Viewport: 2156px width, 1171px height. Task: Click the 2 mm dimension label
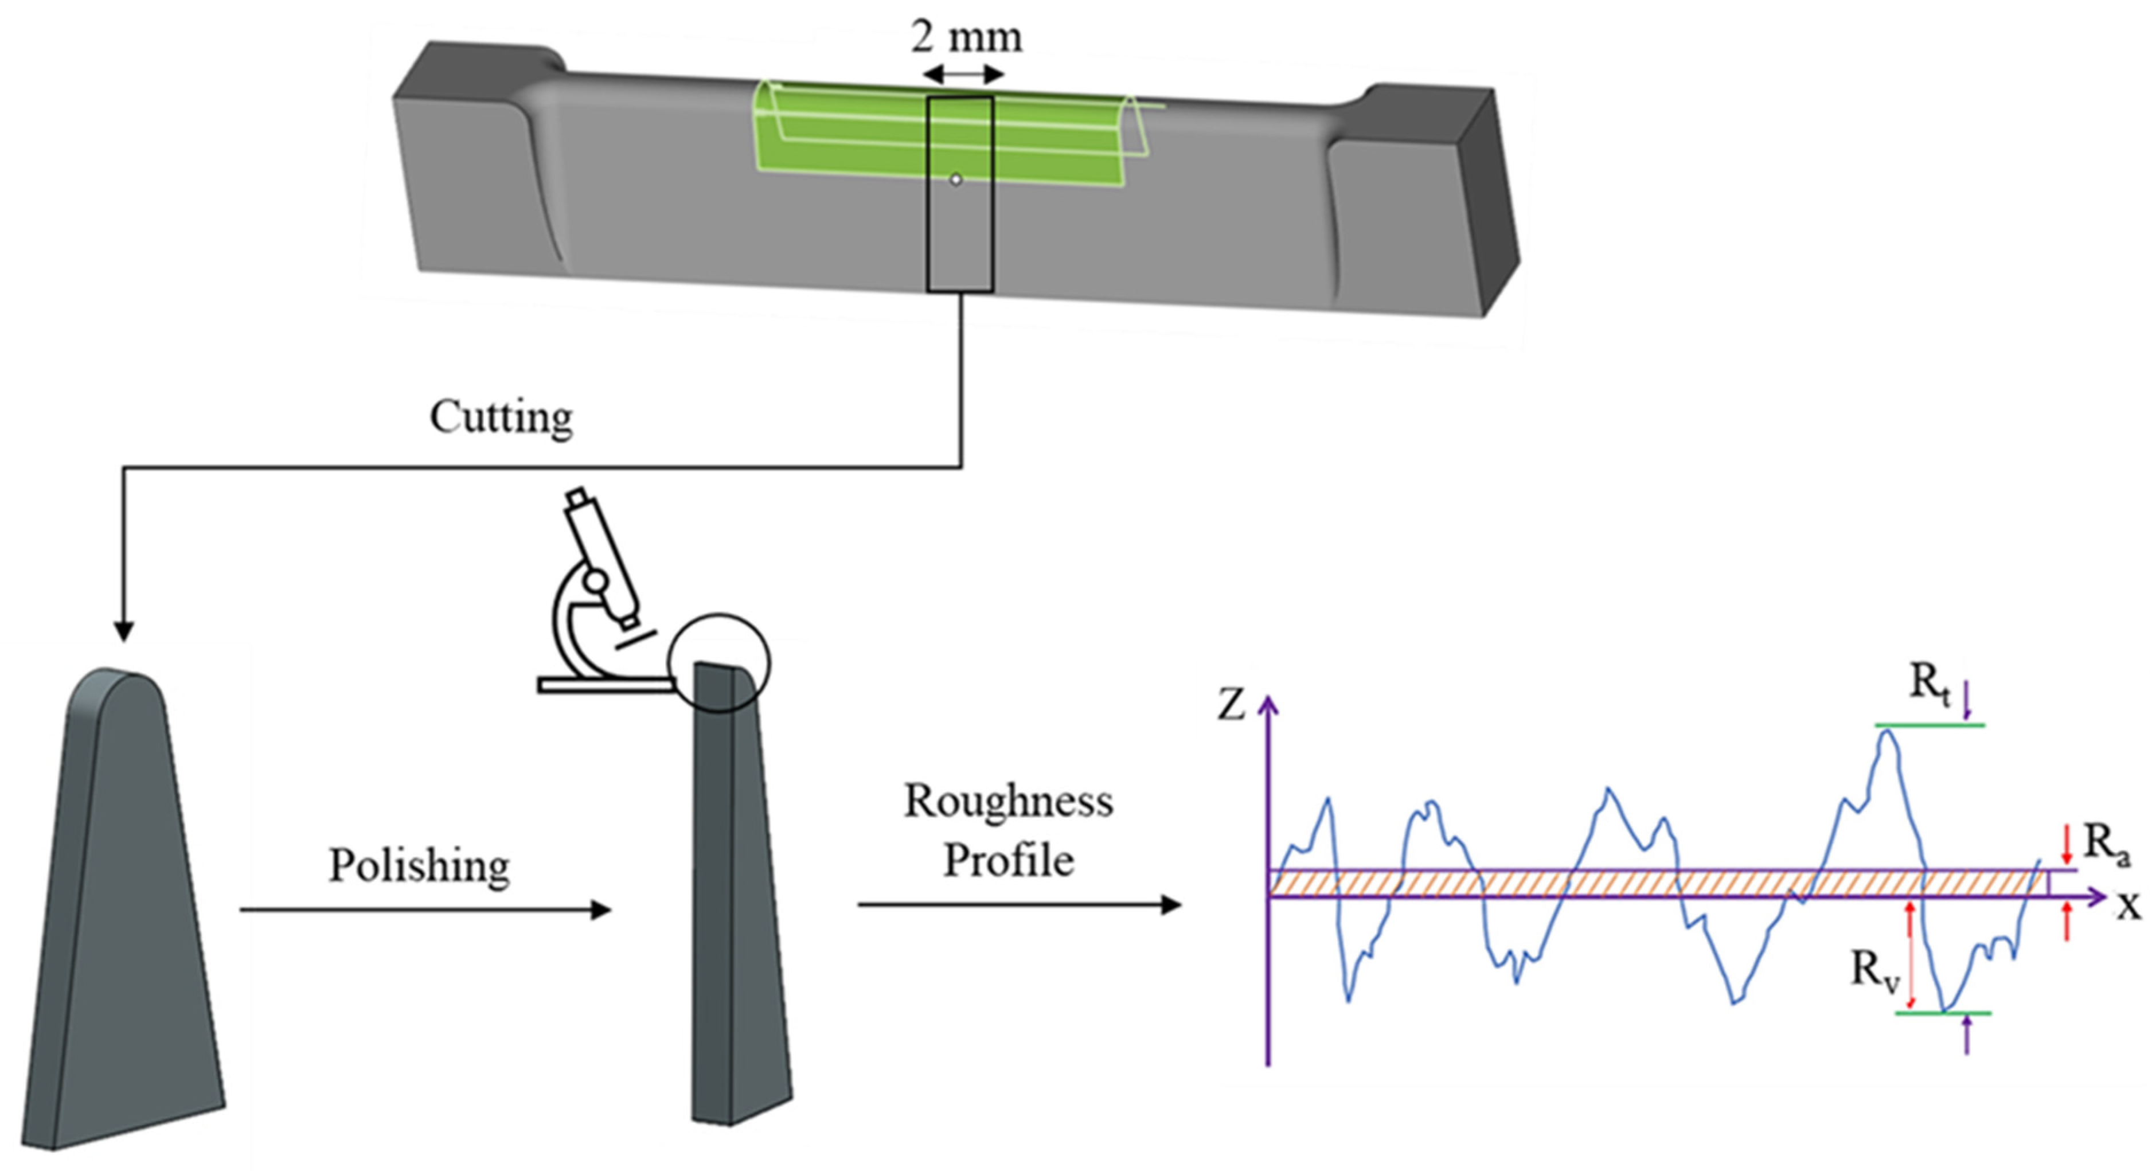(x=967, y=37)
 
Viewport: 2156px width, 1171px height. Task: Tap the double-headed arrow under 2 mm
(x=963, y=75)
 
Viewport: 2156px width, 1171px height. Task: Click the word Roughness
(x=1009, y=801)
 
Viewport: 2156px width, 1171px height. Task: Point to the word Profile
(x=1009, y=860)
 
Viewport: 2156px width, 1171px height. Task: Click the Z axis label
(x=1231, y=705)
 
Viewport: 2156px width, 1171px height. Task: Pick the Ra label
(x=2106, y=843)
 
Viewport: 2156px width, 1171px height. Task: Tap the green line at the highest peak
(x=1929, y=725)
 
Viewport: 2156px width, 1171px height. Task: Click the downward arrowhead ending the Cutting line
(x=124, y=631)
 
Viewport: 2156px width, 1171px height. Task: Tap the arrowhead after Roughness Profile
(x=1171, y=904)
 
